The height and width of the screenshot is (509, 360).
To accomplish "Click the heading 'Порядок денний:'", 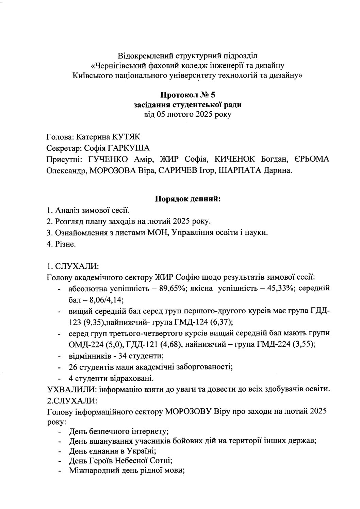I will click(188, 199).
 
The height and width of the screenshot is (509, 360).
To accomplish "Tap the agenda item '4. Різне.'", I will click(61, 244).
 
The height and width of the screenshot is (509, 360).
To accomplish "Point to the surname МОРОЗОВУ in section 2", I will click(187, 411).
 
